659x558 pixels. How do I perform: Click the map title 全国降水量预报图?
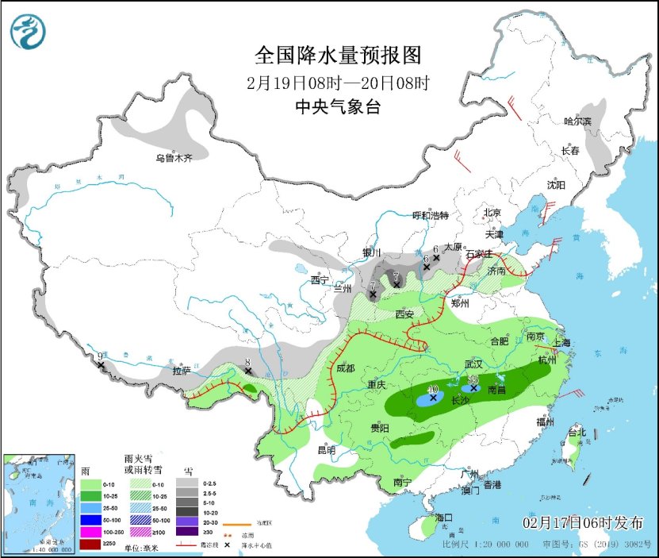(x=337, y=55)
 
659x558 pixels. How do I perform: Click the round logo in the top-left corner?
(x=28, y=31)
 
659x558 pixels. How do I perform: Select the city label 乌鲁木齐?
(x=174, y=158)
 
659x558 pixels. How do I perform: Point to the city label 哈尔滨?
(x=577, y=121)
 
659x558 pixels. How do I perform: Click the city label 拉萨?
(x=182, y=371)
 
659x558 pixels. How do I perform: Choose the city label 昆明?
(x=326, y=450)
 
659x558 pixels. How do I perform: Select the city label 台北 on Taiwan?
(x=577, y=433)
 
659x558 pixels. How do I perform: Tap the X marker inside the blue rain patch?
(x=433, y=398)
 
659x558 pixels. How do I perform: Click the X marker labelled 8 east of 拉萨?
(x=247, y=370)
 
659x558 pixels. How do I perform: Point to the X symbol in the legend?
(x=228, y=545)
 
